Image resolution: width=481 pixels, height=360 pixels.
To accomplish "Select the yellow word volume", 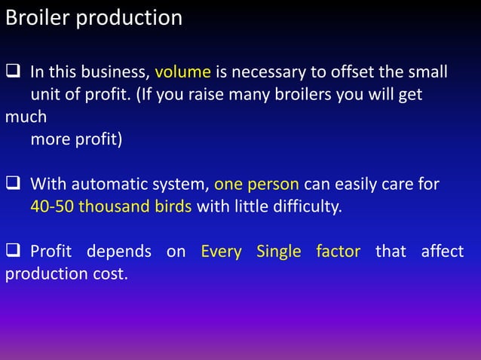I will (x=183, y=73).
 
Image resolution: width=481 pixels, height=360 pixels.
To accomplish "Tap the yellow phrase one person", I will (x=257, y=184).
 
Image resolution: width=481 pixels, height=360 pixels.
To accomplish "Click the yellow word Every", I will (x=221, y=251).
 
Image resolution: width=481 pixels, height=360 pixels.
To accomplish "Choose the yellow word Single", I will (x=279, y=251).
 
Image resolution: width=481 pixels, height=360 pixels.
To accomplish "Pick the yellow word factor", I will (x=338, y=251).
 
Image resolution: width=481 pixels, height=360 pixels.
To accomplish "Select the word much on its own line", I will (x=26, y=117).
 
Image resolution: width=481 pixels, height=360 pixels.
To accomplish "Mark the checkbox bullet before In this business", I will (x=14, y=73).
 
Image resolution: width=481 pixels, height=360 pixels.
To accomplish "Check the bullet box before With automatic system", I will (x=14, y=184).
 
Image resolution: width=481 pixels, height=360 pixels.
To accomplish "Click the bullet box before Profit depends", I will (x=14, y=251).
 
